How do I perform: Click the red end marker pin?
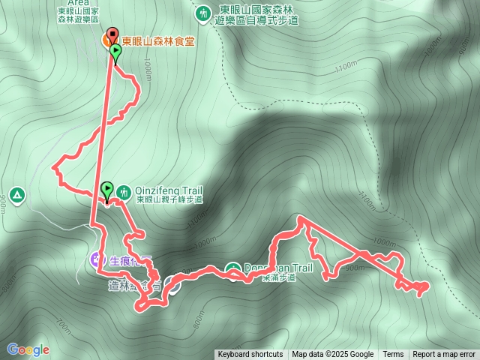click(x=112, y=34)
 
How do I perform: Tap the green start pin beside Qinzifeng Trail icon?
click(x=106, y=190)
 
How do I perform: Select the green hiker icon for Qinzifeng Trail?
click(x=124, y=191)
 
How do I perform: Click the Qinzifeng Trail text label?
click(x=159, y=190)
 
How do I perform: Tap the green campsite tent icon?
click(x=17, y=195)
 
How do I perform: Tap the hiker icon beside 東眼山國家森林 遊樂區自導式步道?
click(x=203, y=13)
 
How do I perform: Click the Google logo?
click(x=28, y=349)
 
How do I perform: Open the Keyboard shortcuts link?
click(x=250, y=355)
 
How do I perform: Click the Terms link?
click(x=393, y=355)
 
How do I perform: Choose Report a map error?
click(x=444, y=355)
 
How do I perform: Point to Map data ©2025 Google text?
click(x=333, y=355)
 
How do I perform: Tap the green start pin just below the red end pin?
click(x=115, y=52)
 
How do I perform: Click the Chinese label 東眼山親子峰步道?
click(x=169, y=200)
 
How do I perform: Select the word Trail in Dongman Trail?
click(x=299, y=268)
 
